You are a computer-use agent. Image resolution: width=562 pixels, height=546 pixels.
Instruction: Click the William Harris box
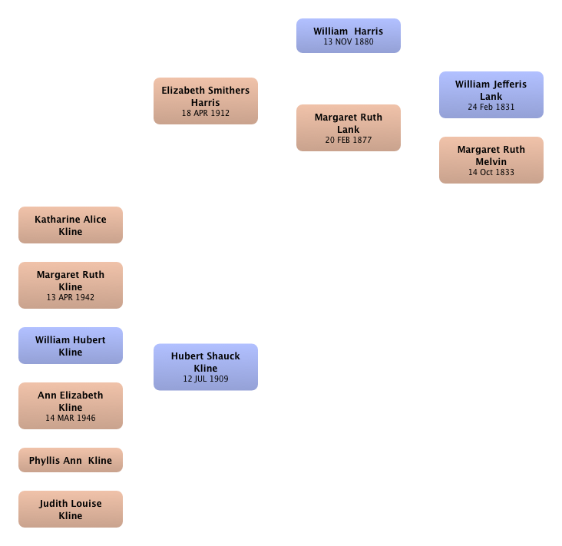(349, 35)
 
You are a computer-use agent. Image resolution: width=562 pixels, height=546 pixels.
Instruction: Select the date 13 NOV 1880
(349, 41)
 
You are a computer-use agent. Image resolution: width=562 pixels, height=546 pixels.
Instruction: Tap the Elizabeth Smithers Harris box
(206, 101)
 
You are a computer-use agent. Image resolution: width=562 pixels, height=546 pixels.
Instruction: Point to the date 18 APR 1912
(206, 113)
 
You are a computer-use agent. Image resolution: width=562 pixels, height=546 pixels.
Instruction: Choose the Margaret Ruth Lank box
(349, 127)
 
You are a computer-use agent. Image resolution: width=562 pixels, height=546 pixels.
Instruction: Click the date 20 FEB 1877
(349, 140)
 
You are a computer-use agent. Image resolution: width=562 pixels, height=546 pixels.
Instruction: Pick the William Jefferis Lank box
(491, 94)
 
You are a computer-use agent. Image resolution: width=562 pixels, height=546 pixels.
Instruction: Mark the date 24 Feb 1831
(491, 107)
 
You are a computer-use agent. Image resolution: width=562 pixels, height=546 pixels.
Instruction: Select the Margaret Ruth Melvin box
(491, 160)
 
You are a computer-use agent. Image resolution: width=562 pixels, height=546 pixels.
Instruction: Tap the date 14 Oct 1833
(491, 172)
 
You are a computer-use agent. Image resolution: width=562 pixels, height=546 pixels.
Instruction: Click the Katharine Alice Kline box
(71, 225)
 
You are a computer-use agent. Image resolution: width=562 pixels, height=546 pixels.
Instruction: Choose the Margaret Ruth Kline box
(71, 285)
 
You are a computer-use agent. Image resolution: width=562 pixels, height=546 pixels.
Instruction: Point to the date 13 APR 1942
(71, 297)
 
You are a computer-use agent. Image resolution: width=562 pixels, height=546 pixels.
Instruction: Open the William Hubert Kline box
(71, 346)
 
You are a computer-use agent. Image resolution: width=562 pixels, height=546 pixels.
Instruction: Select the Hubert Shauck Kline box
(206, 367)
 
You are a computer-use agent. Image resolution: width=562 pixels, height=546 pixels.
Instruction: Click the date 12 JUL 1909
(206, 379)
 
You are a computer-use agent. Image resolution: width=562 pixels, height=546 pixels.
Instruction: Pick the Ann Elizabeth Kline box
(71, 405)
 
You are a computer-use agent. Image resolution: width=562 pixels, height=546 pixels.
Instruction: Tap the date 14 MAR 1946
(71, 418)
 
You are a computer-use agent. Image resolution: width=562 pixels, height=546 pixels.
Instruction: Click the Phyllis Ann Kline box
(71, 460)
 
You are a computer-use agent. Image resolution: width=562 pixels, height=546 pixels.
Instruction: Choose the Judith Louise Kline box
(71, 509)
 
